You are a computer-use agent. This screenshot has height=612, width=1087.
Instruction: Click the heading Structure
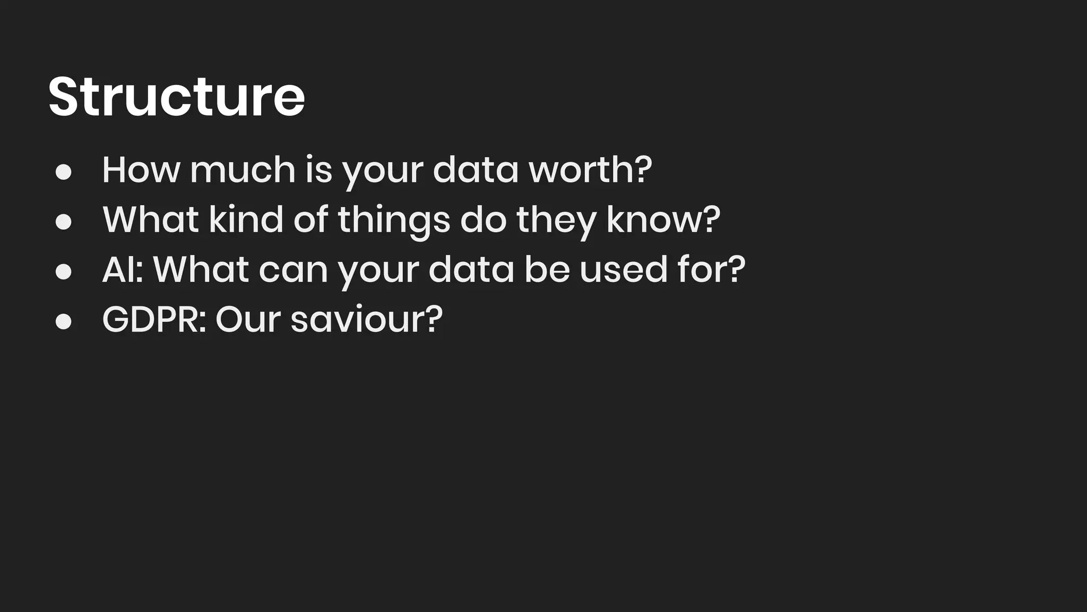[176, 97]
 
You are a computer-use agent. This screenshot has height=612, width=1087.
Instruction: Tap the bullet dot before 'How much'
[64, 172]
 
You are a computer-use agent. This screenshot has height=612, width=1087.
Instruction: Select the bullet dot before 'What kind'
[64, 222]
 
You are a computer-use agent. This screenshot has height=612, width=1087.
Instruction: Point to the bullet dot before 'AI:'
[64, 271]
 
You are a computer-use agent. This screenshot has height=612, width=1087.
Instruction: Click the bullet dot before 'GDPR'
[64, 321]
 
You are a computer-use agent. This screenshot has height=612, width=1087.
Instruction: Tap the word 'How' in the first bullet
[141, 170]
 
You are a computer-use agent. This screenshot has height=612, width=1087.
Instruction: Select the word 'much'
[243, 170]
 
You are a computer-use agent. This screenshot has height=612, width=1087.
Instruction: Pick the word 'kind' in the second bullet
[246, 219]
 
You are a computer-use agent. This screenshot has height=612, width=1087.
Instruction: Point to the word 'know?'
[663, 219]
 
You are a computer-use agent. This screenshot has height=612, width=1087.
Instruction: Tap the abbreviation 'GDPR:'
[154, 319]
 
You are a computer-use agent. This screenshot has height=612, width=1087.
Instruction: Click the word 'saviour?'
[366, 319]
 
